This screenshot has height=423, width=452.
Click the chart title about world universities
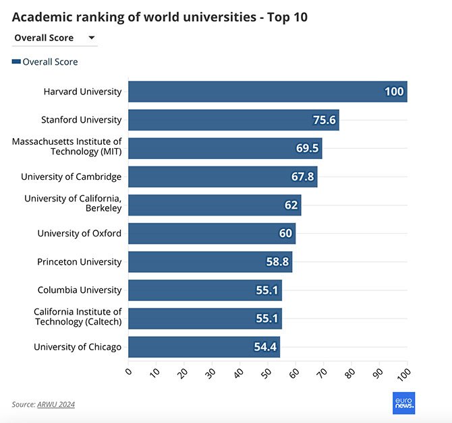159,16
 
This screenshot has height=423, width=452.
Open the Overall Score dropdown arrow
92,38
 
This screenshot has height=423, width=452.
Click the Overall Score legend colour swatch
16,62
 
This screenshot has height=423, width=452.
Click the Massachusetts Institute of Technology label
67,147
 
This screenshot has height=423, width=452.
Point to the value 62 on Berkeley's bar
291,205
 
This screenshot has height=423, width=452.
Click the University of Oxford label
79,234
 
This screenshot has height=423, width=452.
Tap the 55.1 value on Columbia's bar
267,290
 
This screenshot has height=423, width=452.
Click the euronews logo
403,403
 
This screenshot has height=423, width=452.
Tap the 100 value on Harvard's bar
394,92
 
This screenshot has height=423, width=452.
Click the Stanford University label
81,120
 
